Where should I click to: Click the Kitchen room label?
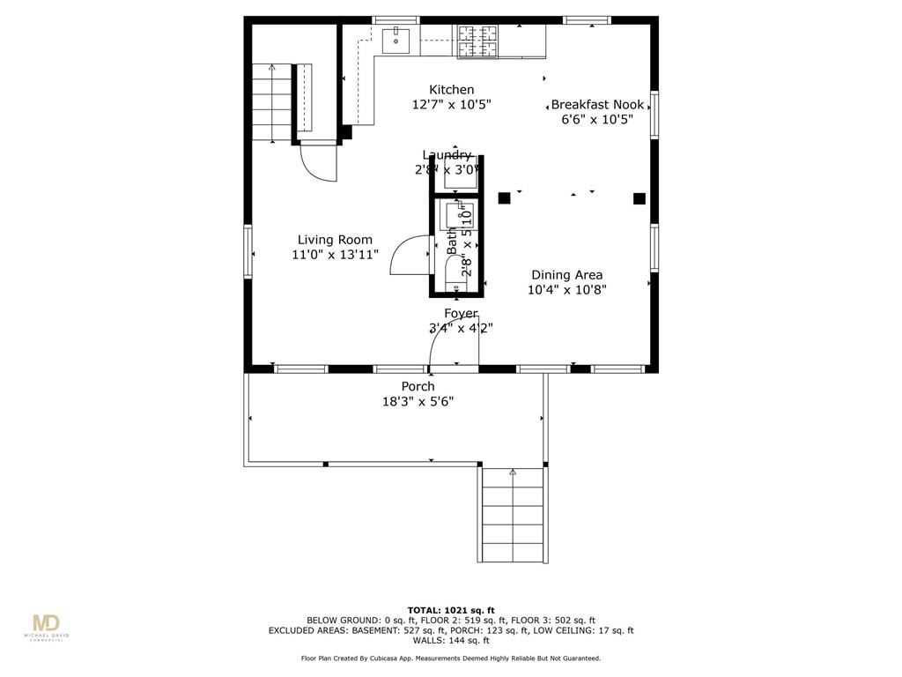tap(451, 90)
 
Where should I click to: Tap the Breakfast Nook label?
tap(597, 104)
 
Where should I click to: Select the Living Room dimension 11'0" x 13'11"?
tap(335, 255)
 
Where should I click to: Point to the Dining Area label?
tap(566, 275)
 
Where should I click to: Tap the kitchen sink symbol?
tap(397, 39)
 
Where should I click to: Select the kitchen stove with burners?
tap(477, 41)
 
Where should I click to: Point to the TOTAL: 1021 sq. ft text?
tap(450, 610)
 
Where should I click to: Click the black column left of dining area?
tap(504, 198)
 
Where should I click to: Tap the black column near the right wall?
tap(640, 198)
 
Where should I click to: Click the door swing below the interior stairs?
tap(318, 163)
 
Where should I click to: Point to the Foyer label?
tap(461, 314)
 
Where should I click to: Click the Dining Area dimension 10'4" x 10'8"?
tap(566, 289)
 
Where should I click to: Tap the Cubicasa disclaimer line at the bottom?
tap(450, 658)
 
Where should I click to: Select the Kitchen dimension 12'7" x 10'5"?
tap(451, 104)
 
